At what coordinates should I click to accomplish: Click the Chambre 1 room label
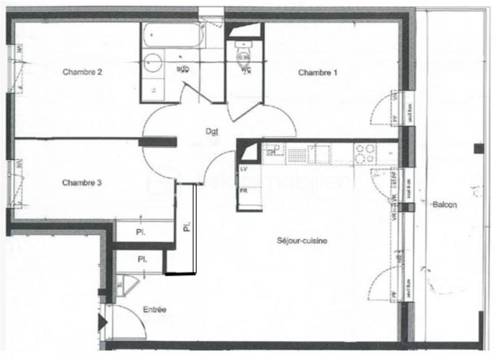(x=317, y=73)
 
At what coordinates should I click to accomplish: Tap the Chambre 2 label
(x=82, y=72)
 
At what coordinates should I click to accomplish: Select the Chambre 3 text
(x=82, y=182)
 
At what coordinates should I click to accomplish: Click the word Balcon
(x=445, y=205)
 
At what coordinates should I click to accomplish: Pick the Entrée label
(x=154, y=309)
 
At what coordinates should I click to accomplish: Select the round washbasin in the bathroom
(x=153, y=63)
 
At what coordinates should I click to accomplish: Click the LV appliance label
(x=244, y=169)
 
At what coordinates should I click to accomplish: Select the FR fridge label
(x=244, y=191)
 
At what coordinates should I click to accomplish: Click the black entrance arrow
(x=102, y=322)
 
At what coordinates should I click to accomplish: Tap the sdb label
(x=183, y=68)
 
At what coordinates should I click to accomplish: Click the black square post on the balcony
(x=478, y=148)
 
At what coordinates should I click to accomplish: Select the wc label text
(x=246, y=69)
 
